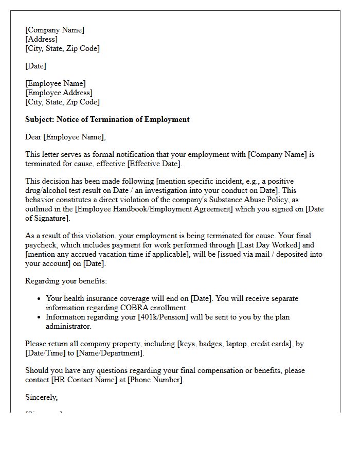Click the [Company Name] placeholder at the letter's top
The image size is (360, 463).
(55, 30)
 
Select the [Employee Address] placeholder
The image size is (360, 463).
(59, 93)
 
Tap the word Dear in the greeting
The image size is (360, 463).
(33, 137)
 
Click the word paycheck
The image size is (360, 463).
(42, 245)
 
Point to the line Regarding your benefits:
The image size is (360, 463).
(66, 281)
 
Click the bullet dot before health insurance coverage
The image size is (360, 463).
(40, 299)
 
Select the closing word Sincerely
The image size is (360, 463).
(41, 397)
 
